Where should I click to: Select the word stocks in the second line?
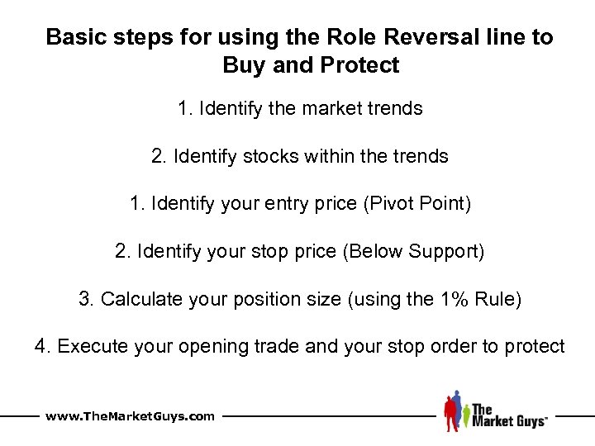tap(269, 156)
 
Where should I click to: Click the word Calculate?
tap(142, 299)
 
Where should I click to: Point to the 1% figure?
tap(450, 299)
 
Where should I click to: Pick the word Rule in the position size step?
tap(497, 299)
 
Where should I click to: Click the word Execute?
tap(94, 346)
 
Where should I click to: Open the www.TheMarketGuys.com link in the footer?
tap(131, 416)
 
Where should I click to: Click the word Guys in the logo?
tap(526, 421)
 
